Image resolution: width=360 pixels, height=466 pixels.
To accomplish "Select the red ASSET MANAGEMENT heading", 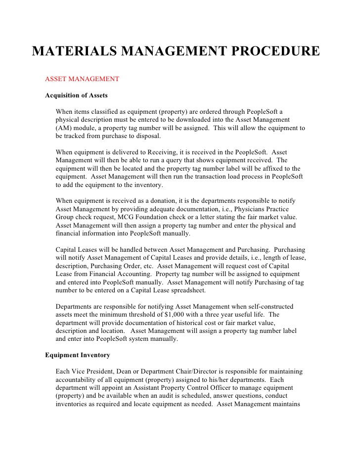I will (x=82, y=79).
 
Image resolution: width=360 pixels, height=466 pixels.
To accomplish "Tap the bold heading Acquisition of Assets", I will (x=76, y=95).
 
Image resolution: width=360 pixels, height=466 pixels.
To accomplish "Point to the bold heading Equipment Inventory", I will (x=78, y=355).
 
